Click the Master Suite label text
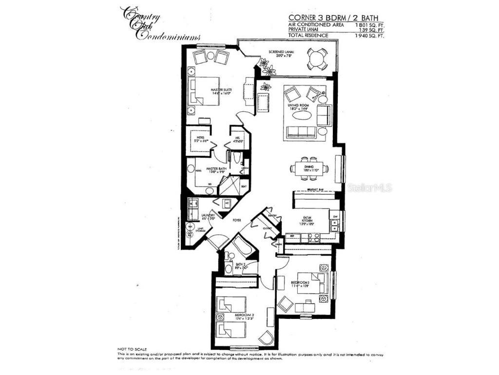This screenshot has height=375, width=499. coord(221,92)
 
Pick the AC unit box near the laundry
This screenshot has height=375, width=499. coord(227,204)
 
